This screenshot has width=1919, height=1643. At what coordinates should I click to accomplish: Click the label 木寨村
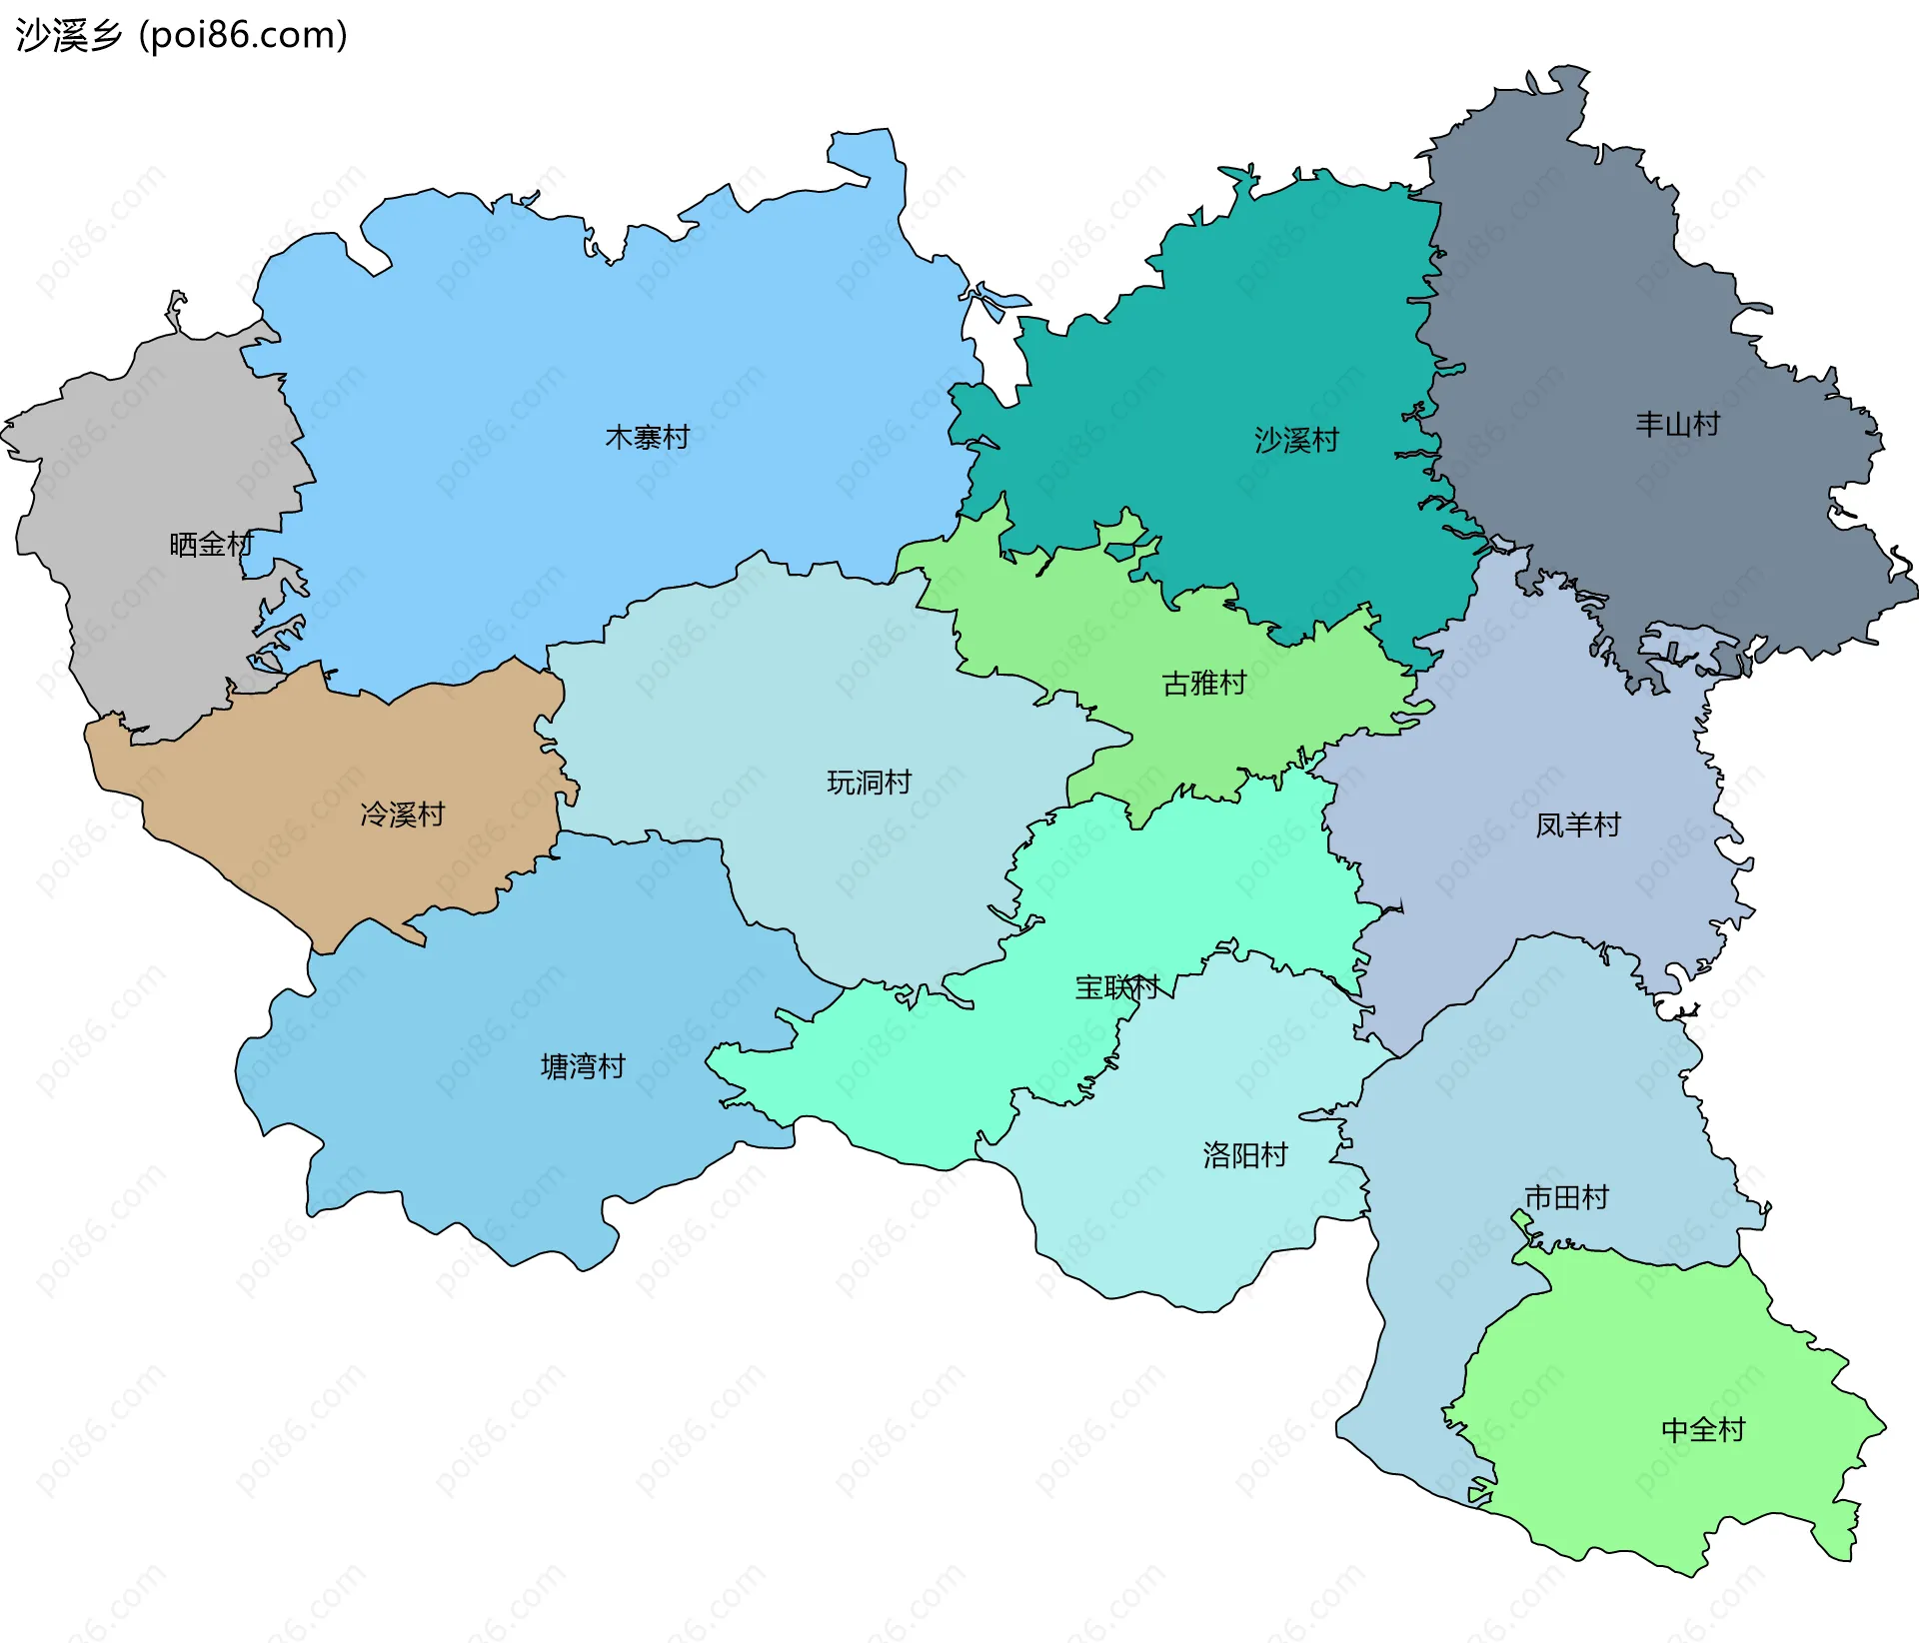pos(648,438)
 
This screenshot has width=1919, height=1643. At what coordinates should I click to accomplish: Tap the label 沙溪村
pos(1296,440)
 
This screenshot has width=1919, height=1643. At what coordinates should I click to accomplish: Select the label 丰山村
pos(1677,424)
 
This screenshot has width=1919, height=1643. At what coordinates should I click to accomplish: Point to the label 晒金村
pos(211,545)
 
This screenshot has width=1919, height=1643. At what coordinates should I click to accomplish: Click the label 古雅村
pos(1204,684)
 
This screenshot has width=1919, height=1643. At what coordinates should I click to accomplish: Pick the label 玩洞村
pos(870,783)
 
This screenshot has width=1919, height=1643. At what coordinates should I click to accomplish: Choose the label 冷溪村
pos(403,815)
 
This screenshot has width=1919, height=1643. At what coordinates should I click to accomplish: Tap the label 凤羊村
pos(1578,825)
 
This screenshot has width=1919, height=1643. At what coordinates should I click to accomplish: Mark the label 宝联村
pos(1116,987)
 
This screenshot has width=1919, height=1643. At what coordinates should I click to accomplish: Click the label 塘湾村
pos(583,1066)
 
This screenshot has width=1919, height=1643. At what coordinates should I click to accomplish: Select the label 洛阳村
pos(1245,1155)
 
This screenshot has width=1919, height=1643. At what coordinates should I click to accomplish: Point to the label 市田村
pos(1566,1196)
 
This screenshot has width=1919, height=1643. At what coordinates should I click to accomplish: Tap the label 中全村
pos(1703,1430)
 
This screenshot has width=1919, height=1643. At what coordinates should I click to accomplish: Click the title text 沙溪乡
pos(68,35)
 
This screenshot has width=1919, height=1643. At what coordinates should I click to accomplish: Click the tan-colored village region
pos(330,760)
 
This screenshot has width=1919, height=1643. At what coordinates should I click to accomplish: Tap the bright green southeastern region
pos(1649,1379)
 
